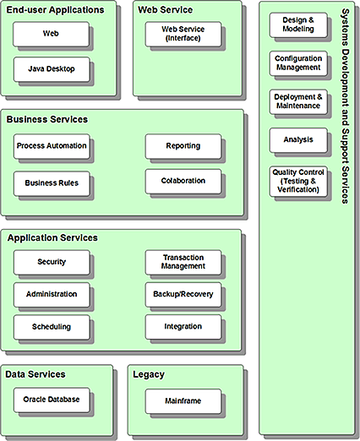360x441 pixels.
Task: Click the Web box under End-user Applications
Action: tap(52, 34)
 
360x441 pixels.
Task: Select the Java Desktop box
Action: tap(52, 68)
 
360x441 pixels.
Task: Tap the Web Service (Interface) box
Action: tap(183, 34)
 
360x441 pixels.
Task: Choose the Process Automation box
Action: tap(52, 146)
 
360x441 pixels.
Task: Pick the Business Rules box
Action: tap(52, 182)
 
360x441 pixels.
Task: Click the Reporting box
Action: tap(183, 146)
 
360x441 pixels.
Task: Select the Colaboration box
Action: tap(183, 181)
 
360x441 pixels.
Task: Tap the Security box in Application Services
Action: tap(52, 262)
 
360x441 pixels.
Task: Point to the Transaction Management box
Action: tap(183, 262)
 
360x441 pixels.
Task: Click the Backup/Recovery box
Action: tap(183, 295)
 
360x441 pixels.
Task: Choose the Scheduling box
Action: tap(52, 327)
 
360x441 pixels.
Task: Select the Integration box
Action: tap(183, 327)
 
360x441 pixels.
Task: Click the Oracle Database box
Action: tap(52, 400)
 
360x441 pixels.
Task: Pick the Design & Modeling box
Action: tap(297, 24)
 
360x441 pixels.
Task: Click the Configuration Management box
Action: tap(297, 63)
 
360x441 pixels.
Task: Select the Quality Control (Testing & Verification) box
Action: tap(297, 181)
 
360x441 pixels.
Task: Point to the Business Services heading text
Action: tap(47, 120)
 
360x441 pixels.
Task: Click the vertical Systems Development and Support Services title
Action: tap(346, 106)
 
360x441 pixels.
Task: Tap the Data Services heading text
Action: tap(35, 373)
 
